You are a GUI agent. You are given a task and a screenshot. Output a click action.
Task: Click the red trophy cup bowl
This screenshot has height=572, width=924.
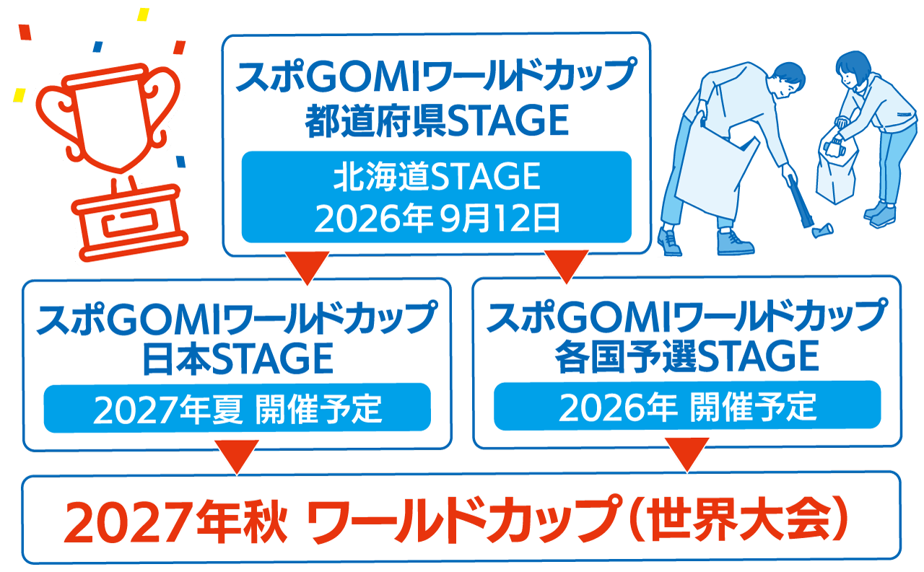[x=110, y=120]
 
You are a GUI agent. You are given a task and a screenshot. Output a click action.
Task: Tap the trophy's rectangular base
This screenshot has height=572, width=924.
[x=131, y=223]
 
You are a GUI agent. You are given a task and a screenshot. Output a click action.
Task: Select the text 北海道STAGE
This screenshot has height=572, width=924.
[x=437, y=177]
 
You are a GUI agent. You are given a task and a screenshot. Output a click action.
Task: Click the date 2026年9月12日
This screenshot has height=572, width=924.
[x=437, y=219]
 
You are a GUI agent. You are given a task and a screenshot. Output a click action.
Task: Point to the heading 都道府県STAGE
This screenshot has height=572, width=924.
[x=437, y=120]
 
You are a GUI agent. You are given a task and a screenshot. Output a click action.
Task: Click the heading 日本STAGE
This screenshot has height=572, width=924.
[x=237, y=359]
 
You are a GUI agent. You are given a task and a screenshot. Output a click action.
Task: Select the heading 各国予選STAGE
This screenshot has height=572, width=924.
[x=687, y=357]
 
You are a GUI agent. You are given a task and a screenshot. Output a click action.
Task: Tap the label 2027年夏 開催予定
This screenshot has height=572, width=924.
[x=237, y=409]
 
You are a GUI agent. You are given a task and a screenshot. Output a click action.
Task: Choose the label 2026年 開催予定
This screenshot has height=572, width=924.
[x=687, y=407]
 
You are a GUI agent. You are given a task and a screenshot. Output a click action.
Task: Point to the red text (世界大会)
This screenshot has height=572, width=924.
[x=738, y=520]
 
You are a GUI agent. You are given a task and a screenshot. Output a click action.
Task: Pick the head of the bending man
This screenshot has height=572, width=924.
[x=787, y=80]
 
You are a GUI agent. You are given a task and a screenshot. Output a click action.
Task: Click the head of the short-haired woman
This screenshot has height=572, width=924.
[x=853, y=69]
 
